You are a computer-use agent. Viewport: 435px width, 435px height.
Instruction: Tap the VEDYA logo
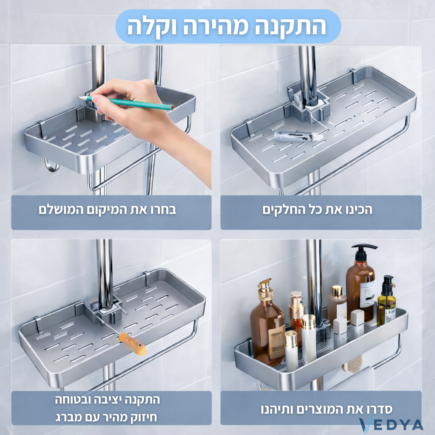(x=391, y=425)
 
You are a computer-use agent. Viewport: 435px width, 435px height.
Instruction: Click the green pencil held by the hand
(x=133, y=102)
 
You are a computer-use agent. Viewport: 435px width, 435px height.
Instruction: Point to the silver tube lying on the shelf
(x=298, y=136)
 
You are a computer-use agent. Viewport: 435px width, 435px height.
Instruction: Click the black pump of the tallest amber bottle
(x=364, y=252)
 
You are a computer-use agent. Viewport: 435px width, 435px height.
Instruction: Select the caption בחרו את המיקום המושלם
(x=108, y=210)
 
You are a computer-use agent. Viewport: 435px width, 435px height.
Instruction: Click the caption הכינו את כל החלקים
(x=317, y=210)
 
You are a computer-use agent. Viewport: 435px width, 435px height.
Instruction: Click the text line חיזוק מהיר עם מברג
(x=107, y=417)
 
